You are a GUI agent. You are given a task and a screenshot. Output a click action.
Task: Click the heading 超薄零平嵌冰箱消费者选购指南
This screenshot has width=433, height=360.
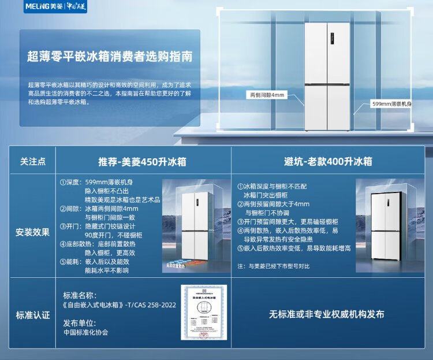(110, 57)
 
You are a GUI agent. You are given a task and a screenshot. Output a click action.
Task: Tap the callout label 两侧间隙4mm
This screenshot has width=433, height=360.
(266, 94)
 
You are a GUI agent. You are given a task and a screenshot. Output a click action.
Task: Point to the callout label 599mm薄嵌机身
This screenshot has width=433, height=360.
(392, 104)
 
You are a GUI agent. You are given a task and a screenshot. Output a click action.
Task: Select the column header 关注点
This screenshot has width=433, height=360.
(33, 161)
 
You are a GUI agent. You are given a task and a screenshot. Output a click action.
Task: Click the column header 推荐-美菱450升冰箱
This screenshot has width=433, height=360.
(142, 161)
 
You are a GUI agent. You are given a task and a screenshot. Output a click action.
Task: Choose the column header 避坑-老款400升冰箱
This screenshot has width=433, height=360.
(327, 161)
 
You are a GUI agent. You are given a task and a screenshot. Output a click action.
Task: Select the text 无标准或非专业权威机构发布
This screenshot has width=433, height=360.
(326, 314)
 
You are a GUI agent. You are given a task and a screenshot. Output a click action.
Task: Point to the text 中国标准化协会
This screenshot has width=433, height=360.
(85, 332)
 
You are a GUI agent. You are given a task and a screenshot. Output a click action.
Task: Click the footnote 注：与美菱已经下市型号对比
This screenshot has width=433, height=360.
(274, 266)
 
